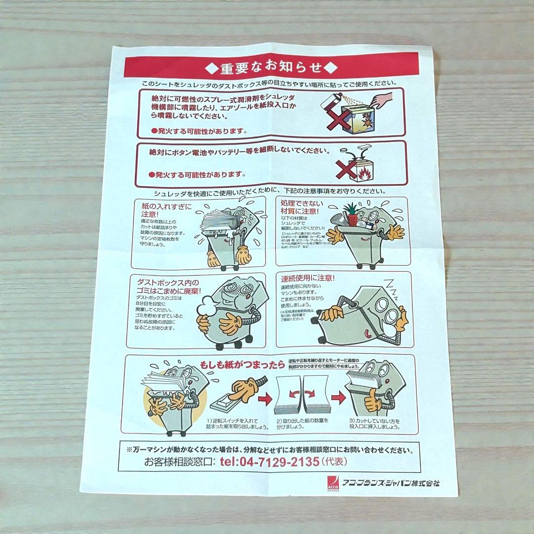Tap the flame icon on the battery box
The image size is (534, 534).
tap(365, 173)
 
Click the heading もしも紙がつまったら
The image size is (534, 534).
tap(242, 365)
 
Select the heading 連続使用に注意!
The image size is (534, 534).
tap(308, 278)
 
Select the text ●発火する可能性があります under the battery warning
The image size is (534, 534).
tap(198, 174)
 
